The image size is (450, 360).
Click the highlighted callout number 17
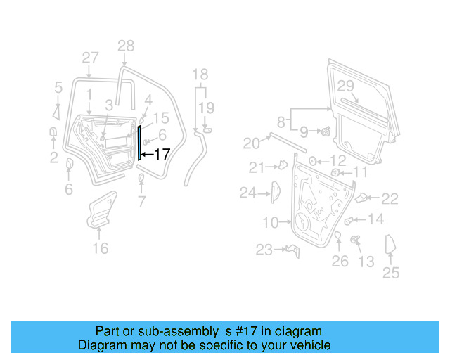point(161,154)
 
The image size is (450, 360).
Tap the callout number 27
point(90,58)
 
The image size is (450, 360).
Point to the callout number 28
point(125,47)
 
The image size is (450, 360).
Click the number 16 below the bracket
point(101,247)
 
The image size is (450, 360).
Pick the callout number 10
point(271,223)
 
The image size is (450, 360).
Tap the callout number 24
point(247,192)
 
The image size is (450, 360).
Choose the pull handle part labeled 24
point(276,191)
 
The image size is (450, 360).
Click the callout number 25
point(390,274)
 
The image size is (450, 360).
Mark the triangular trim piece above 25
point(392,246)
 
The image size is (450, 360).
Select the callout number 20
point(252,143)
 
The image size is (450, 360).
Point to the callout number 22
point(390,199)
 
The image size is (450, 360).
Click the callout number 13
point(366,262)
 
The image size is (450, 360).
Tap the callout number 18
point(200,75)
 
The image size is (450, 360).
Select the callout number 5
point(58,88)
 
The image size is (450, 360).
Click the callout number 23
point(264,250)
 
